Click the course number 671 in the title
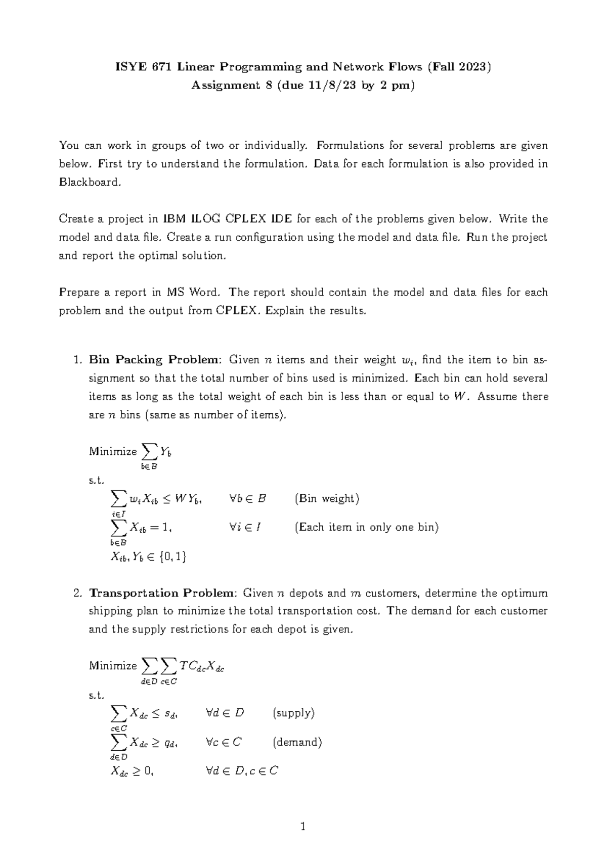click(161, 67)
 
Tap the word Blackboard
click(90, 182)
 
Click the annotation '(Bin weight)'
click(327, 499)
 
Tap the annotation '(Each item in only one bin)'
click(366, 527)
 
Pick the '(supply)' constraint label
click(293, 713)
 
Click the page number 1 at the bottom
click(303, 828)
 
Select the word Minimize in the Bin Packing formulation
click(112, 451)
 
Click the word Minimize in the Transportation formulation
click(112, 666)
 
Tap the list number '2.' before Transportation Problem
click(77, 593)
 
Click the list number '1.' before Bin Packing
click(77, 360)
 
